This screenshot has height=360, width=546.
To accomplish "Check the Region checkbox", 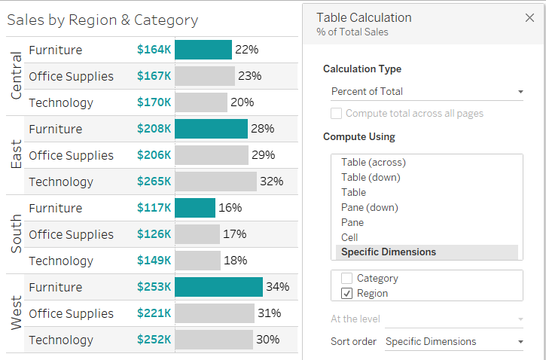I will [346, 293].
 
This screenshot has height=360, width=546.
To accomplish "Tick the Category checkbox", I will [346, 278].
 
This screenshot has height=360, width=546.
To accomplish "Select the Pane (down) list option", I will [369, 207].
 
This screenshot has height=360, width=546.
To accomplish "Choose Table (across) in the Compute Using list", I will [373, 162].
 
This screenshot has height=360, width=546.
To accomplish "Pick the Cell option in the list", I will [349, 237].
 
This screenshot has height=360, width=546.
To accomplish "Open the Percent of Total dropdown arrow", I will [520, 92].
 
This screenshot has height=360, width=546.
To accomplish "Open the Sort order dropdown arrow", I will [520, 342].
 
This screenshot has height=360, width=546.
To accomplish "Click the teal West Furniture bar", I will [218, 287].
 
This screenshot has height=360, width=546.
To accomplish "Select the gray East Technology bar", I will [216, 182].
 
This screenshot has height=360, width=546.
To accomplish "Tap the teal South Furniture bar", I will [195, 208].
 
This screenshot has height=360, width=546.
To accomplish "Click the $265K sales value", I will [154, 182].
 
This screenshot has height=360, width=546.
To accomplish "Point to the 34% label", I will [278, 287].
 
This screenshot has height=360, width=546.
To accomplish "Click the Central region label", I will [17, 76].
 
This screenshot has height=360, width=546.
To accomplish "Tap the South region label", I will [17, 234].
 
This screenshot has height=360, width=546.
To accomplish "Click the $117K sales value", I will [154, 208].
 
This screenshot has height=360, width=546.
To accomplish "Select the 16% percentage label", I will [230, 208].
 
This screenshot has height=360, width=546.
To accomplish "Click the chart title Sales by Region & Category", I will [102, 20].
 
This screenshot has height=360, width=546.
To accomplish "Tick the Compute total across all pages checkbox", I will [336, 114].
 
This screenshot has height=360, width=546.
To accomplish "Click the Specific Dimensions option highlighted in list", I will [388, 252].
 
